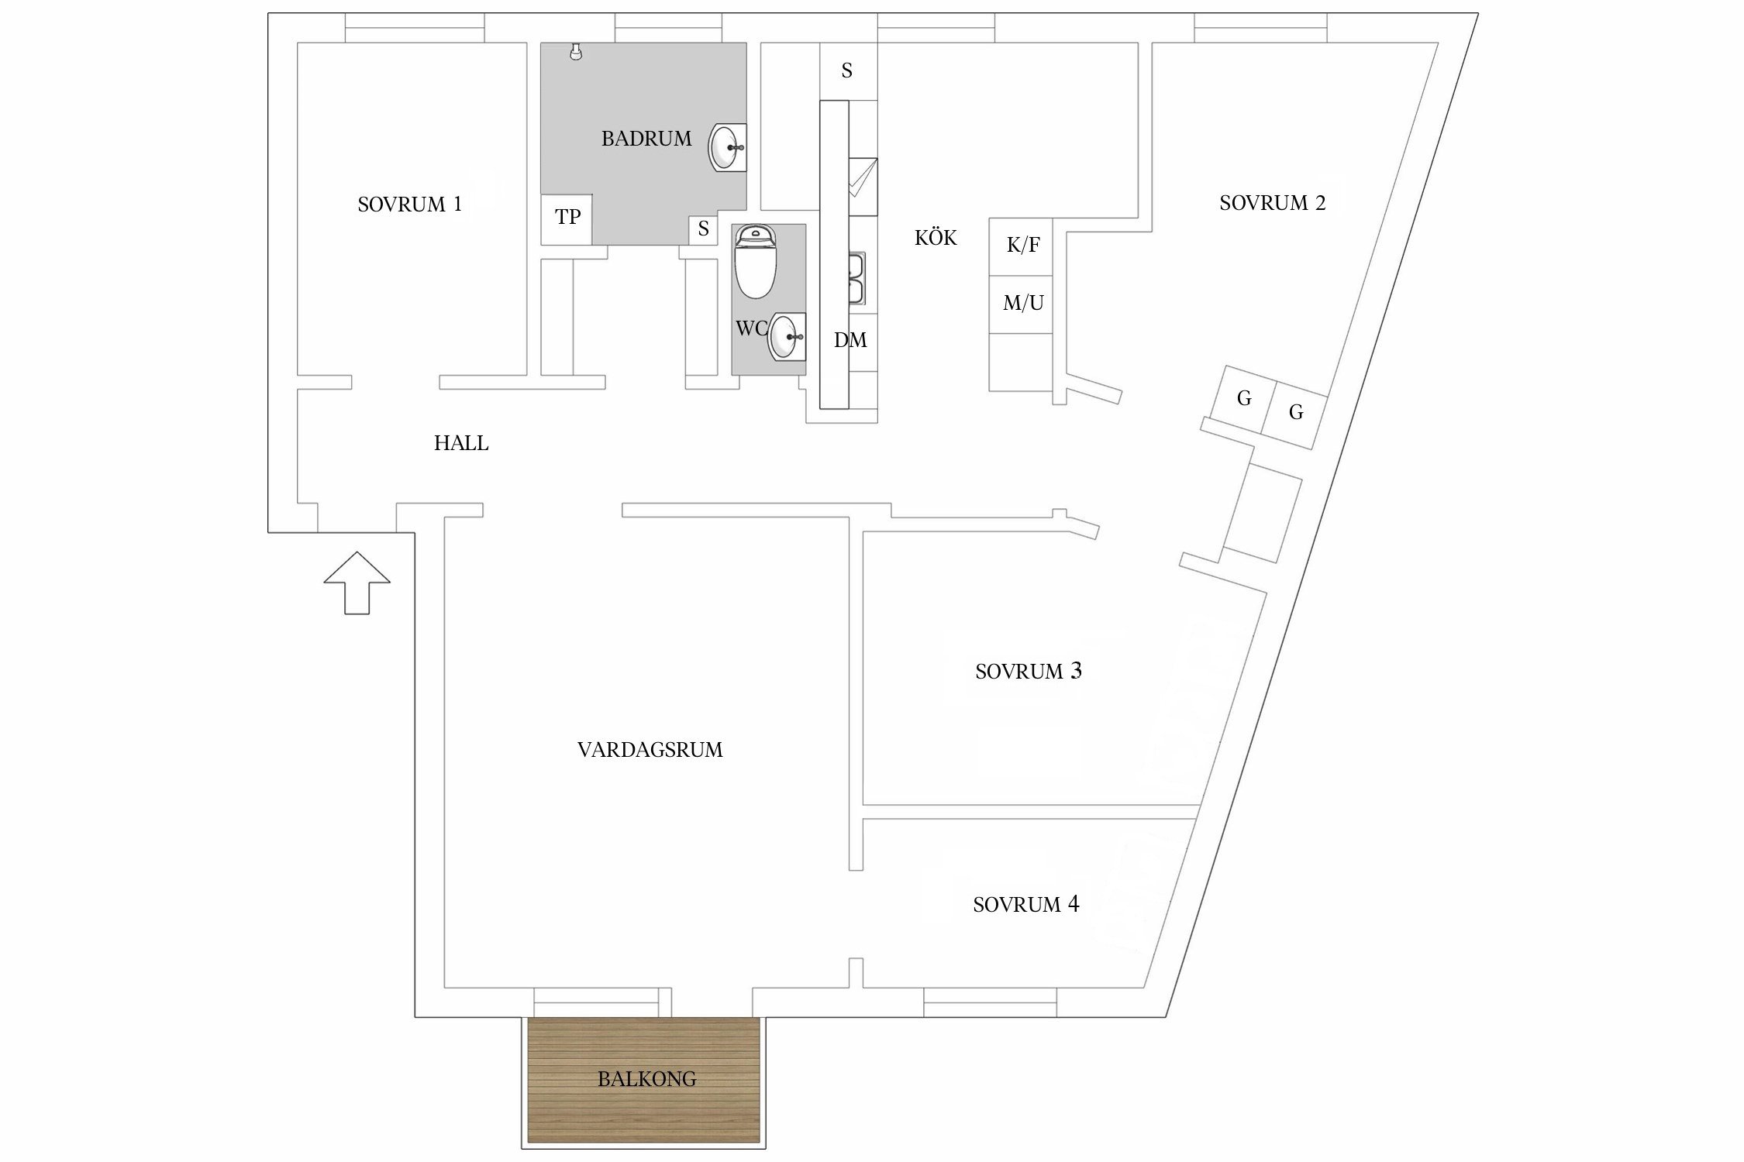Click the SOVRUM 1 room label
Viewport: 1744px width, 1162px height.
(409, 205)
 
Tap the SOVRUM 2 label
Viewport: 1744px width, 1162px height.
(1272, 203)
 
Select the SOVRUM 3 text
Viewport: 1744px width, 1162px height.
(1028, 671)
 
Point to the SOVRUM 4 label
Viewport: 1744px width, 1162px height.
(1025, 904)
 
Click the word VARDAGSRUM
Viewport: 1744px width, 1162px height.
(650, 750)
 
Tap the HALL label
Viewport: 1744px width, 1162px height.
(461, 443)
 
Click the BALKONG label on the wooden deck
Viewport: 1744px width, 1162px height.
(646, 1078)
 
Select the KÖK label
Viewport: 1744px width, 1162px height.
(936, 238)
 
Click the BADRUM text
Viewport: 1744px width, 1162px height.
(646, 139)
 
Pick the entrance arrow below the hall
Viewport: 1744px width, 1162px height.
(357, 583)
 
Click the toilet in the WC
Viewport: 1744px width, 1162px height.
(755, 263)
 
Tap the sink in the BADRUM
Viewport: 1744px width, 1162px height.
(727, 147)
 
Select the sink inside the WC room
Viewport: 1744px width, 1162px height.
(785, 337)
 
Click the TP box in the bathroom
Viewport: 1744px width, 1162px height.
(567, 218)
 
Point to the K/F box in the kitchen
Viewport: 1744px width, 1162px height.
(1022, 246)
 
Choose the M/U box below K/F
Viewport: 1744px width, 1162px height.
(1022, 303)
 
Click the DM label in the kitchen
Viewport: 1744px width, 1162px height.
(850, 340)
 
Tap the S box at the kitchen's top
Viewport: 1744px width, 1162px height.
(847, 71)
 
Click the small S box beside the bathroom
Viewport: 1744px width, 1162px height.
(703, 229)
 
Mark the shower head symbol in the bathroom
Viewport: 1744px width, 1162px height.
(574, 52)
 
